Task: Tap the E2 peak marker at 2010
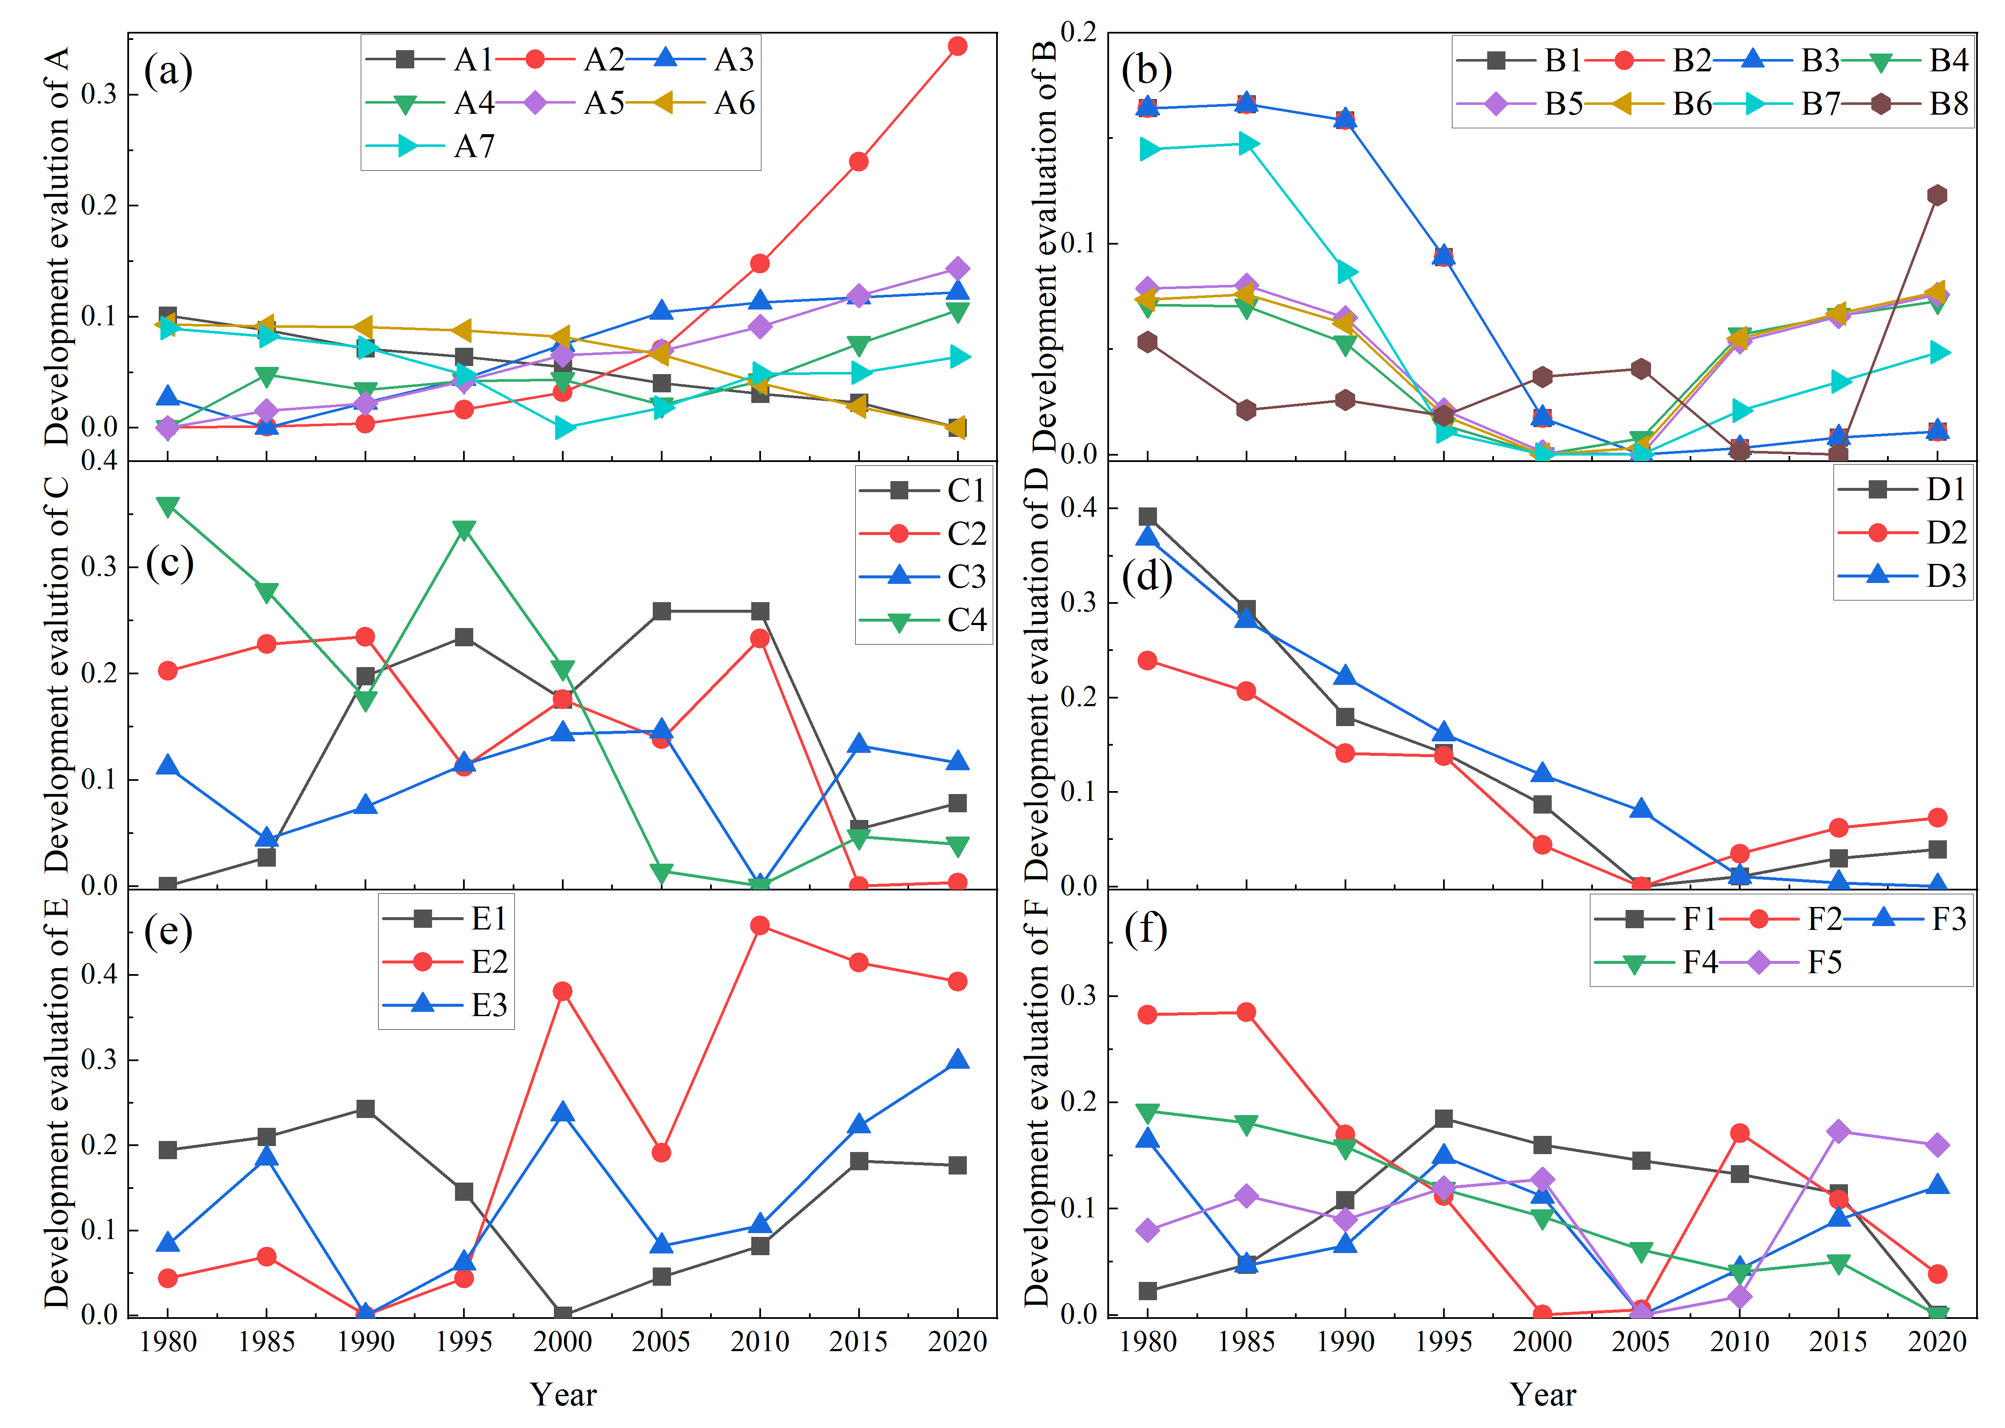click(x=760, y=925)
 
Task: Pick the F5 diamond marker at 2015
click(x=1838, y=1131)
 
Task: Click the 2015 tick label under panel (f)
click(x=1838, y=1342)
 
